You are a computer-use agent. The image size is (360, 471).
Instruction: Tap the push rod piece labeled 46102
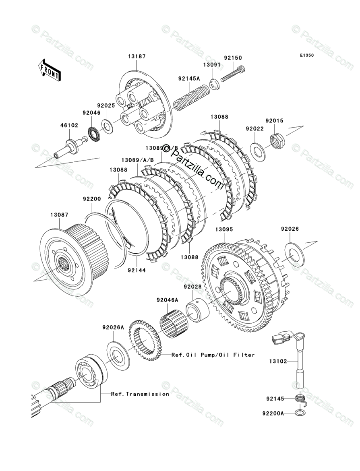(x=68, y=147)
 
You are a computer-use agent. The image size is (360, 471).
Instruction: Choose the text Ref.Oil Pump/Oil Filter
(x=213, y=355)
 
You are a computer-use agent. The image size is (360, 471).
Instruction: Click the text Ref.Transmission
(x=140, y=394)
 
